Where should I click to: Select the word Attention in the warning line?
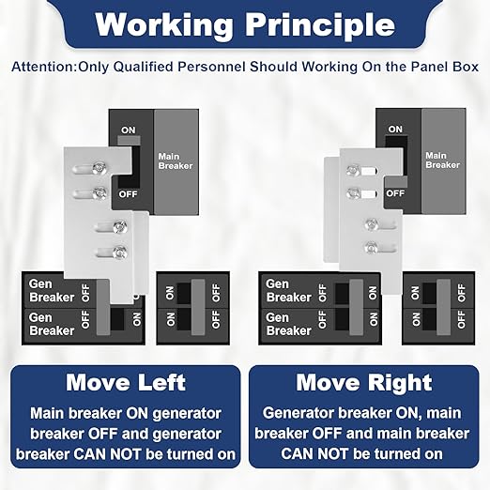pyautogui.click(x=45, y=68)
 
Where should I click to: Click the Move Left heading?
pyautogui.click(x=125, y=382)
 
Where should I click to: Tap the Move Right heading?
pyautogui.click(x=363, y=382)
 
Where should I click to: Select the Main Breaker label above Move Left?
pyautogui.click(x=176, y=160)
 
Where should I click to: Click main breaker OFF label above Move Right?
pyautogui.click(x=395, y=193)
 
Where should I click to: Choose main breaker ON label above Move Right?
pyautogui.click(x=394, y=129)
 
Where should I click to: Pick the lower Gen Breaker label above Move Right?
pyautogui.click(x=288, y=323)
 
